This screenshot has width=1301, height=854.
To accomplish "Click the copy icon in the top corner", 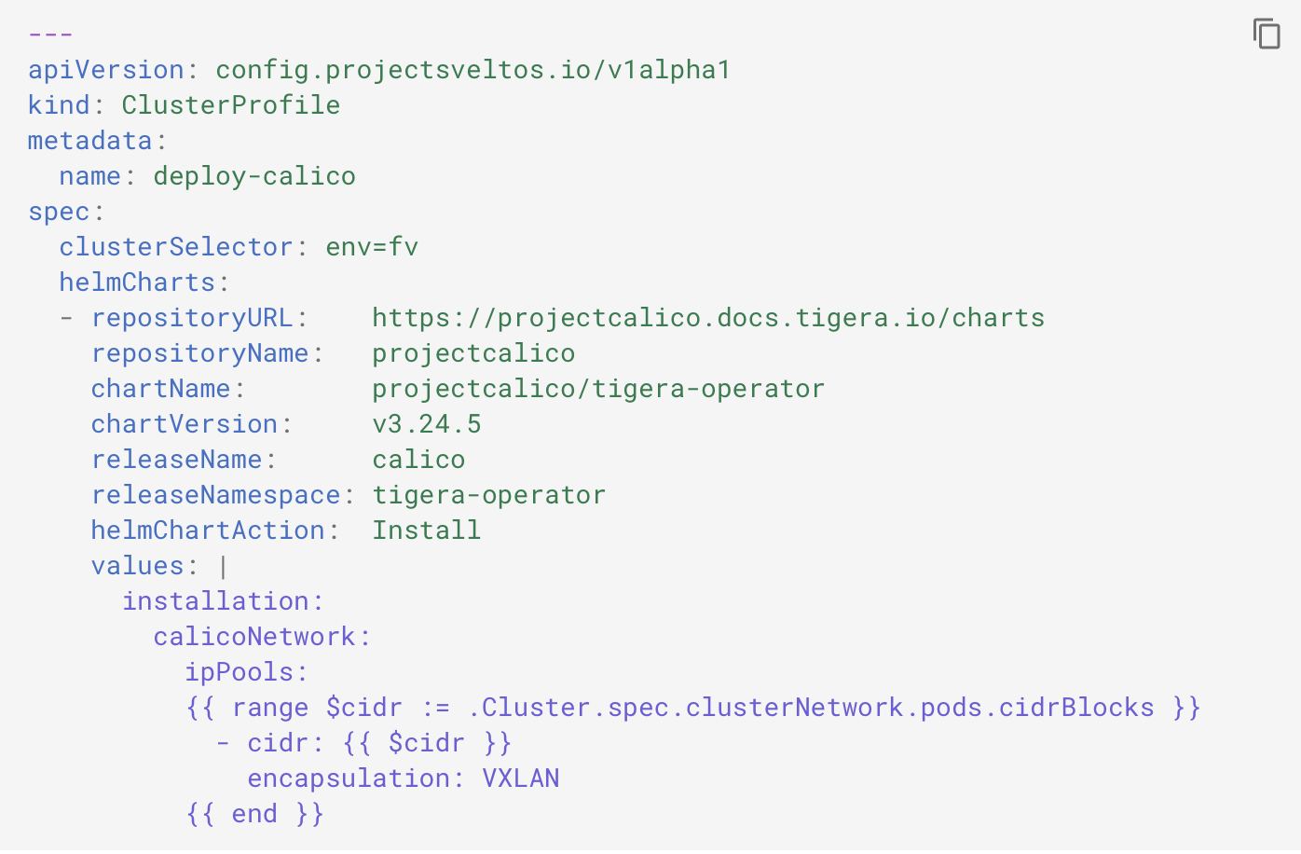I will point(1267,34).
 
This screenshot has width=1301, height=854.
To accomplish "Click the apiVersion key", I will point(106,70).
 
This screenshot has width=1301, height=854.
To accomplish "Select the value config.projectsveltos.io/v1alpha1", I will point(472,70).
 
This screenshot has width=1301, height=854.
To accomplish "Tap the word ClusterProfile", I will point(231,105).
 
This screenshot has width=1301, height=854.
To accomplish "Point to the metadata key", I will point(90,141).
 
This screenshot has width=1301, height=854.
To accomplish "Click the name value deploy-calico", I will point(254,176).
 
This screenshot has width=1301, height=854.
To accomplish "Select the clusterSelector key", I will point(176,247).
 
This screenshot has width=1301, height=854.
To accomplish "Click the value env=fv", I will point(372,247).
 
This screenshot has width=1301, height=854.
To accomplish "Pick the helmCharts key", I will point(137,282).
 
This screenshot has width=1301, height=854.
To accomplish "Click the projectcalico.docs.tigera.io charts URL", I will point(708,318).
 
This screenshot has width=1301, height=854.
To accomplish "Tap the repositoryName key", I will point(199,353).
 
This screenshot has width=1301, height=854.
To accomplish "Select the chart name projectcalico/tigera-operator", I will point(598,389).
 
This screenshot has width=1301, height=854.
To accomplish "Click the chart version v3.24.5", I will point(427,424).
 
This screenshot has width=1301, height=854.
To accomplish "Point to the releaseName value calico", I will point(418,460).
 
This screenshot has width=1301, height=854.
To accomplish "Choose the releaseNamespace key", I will point(215,495).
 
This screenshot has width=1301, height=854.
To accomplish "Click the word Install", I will point(427,530).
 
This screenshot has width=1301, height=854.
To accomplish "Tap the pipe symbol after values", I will point(224,566).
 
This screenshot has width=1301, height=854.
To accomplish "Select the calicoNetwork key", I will point(254,637).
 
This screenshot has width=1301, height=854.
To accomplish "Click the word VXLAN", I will point(520,778).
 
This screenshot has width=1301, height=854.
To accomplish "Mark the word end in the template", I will point(254,814).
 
